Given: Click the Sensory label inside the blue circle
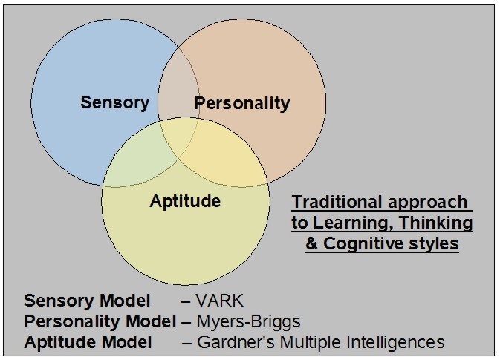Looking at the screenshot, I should click(x=114, y=102).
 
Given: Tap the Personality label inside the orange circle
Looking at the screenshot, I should click(x=241, y=103).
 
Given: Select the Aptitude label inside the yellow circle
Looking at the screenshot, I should click(x=185, y=200).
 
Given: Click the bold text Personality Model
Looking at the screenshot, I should click(x=101, y=321).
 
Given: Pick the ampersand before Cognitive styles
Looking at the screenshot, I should click(x=312, y=243).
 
